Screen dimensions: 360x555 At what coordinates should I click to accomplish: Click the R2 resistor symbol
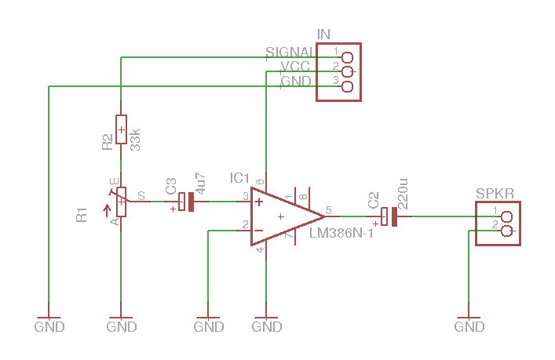pos(121,129)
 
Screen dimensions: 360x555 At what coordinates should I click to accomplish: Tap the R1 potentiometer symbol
pos(121,202)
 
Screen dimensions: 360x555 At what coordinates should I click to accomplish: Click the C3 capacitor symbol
pos(185,202)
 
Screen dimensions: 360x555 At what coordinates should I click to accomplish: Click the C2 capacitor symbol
pos(389,216)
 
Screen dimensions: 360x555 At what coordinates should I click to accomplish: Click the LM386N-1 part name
pos(341,233)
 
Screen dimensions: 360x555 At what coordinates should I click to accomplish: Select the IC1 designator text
pos(239,178)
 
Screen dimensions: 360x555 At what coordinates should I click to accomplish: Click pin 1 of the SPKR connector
pos(506,216)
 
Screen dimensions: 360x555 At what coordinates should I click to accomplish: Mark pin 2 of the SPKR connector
pos(506,231)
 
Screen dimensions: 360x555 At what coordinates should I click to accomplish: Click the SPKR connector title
pos(495,193)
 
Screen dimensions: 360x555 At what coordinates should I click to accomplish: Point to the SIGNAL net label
pos(290,53)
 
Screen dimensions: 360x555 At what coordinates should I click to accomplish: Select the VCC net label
pos(295,67)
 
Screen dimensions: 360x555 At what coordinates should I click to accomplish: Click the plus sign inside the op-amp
pos(258,202)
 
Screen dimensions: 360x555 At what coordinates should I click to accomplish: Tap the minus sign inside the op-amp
pos(258,230)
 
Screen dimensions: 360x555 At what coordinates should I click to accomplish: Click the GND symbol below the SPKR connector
pos(469,325)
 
